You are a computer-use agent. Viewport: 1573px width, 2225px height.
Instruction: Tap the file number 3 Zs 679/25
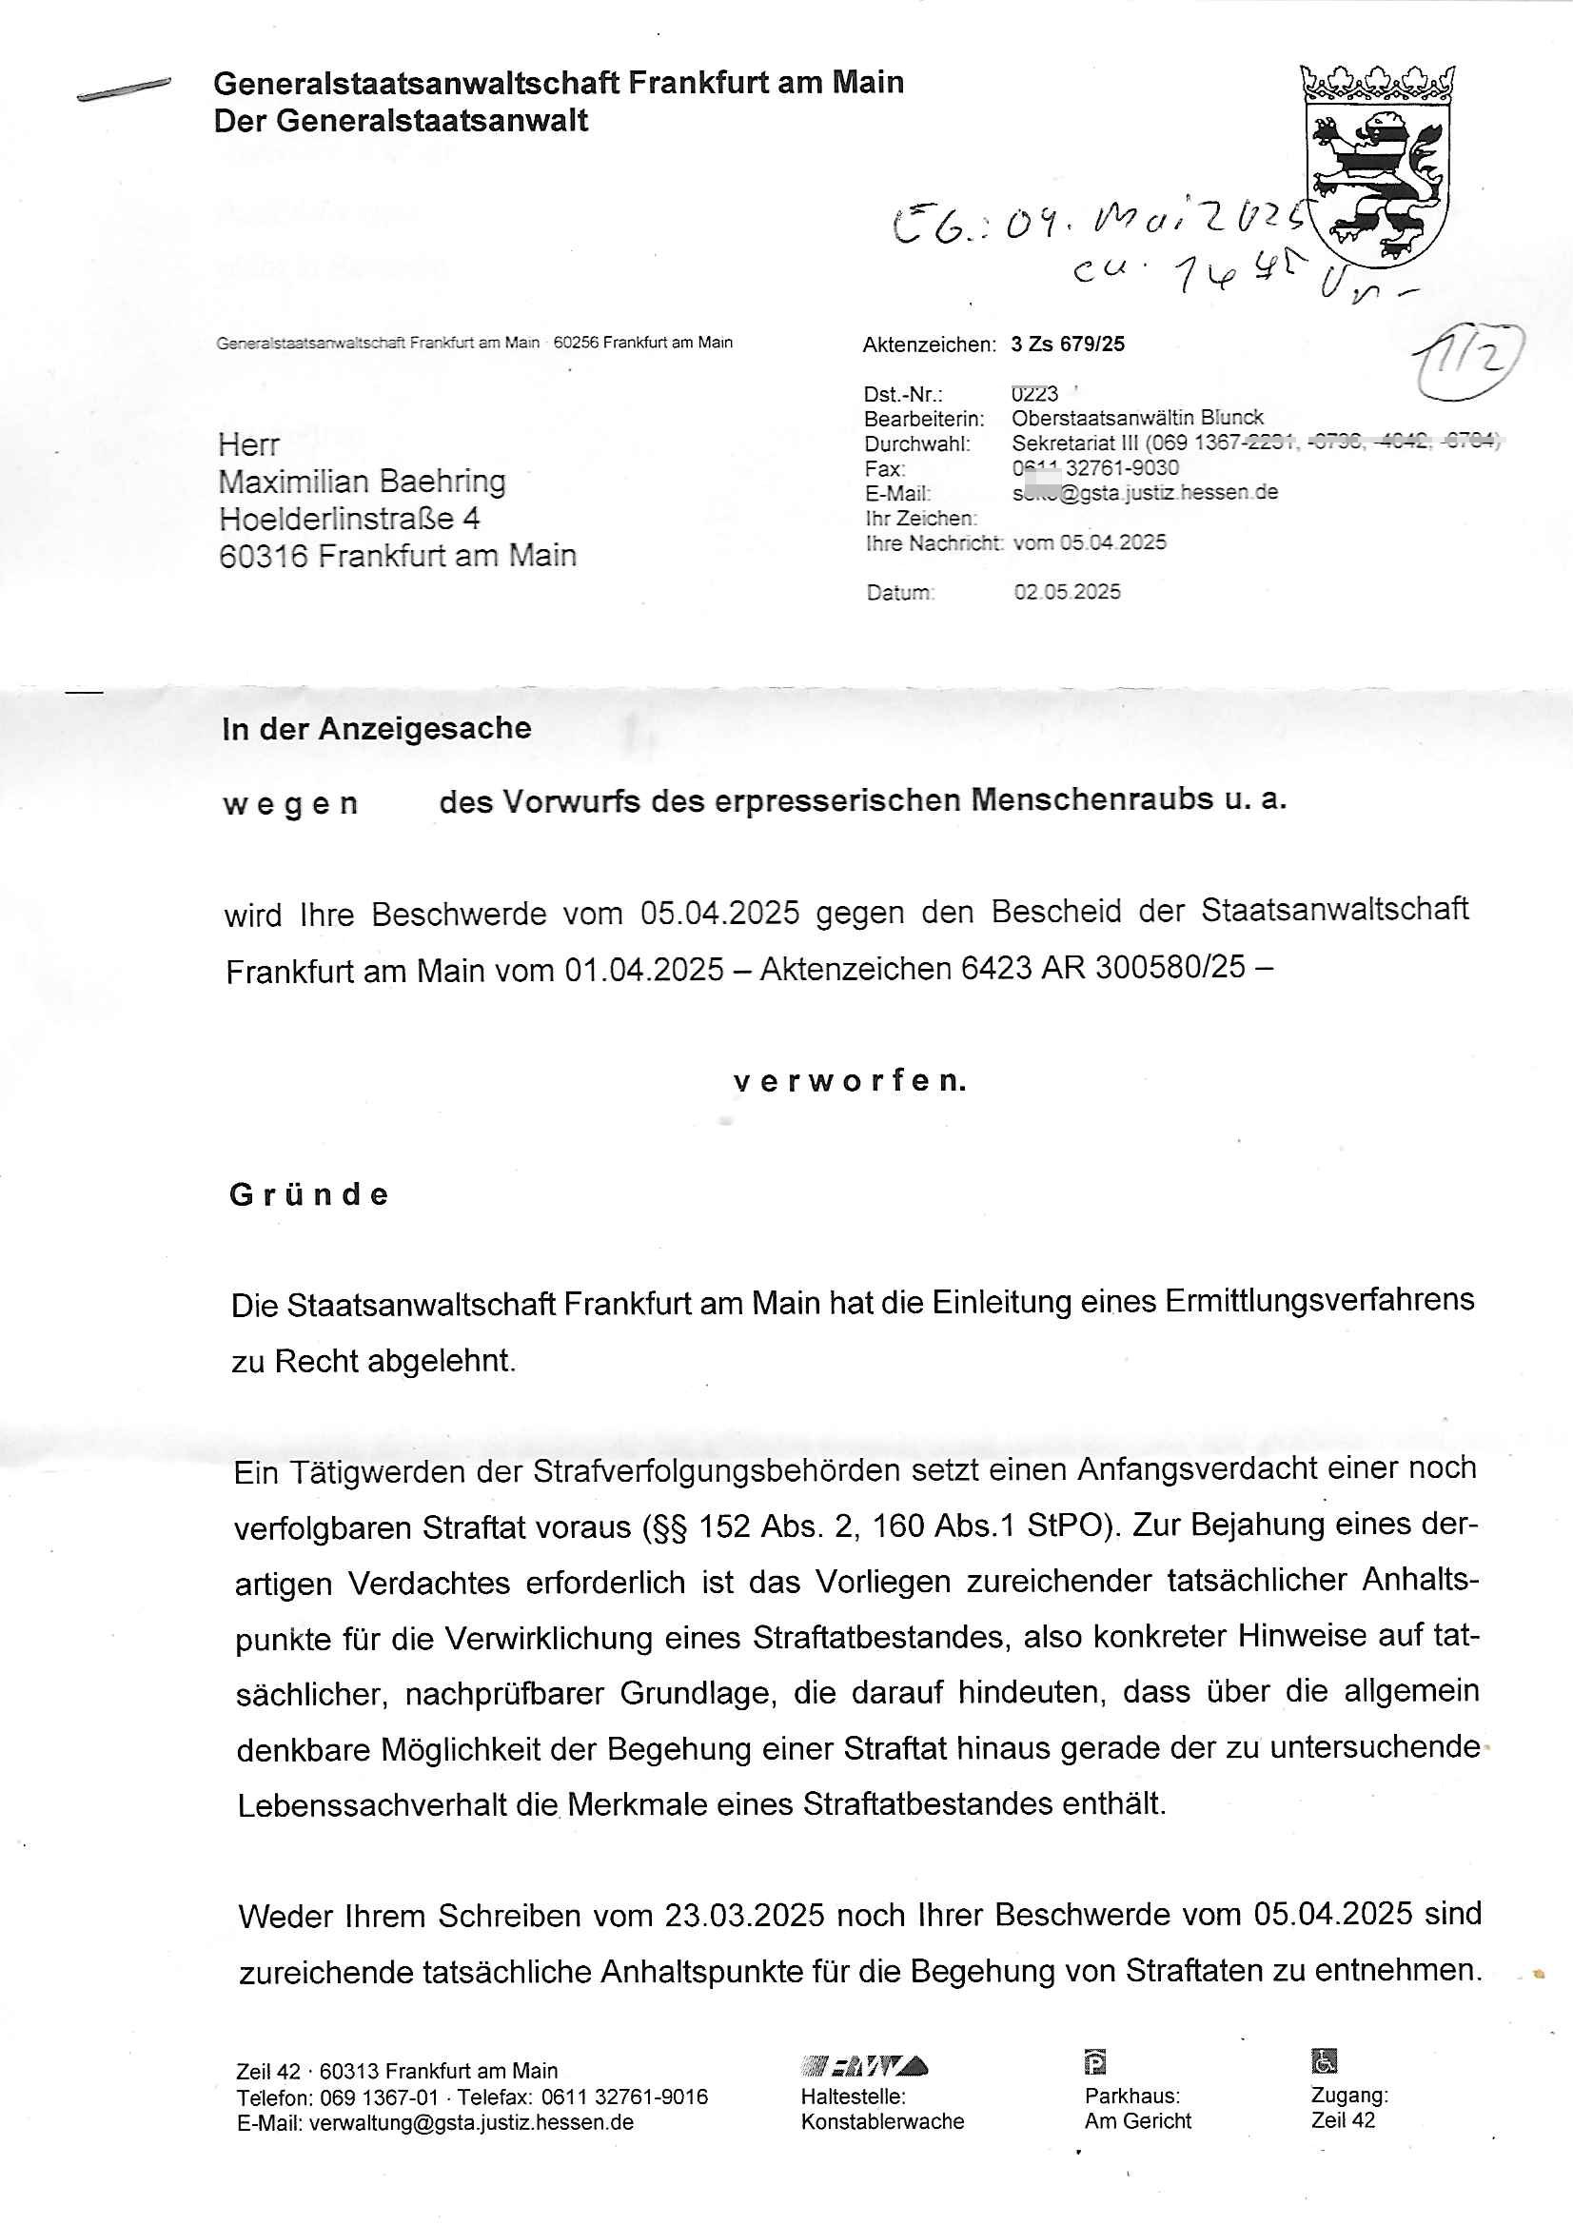pos(1067,344)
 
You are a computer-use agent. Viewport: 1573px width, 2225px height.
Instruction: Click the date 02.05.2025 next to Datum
pos(1067,592)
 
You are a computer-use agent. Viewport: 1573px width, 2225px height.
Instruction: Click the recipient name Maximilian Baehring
pos(362,482)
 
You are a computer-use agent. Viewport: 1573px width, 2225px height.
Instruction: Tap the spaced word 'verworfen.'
pos(850,1081)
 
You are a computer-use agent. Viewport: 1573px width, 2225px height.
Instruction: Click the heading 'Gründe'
pos(309,1195)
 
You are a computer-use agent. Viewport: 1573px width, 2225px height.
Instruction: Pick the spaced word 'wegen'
pos(290,804)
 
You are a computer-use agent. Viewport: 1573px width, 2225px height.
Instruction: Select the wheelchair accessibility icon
pos(1324,2061)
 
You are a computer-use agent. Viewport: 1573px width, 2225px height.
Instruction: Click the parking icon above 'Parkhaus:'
pos(1094,2062)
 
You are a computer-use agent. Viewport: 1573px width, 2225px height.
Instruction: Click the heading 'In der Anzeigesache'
pos(376,729)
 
